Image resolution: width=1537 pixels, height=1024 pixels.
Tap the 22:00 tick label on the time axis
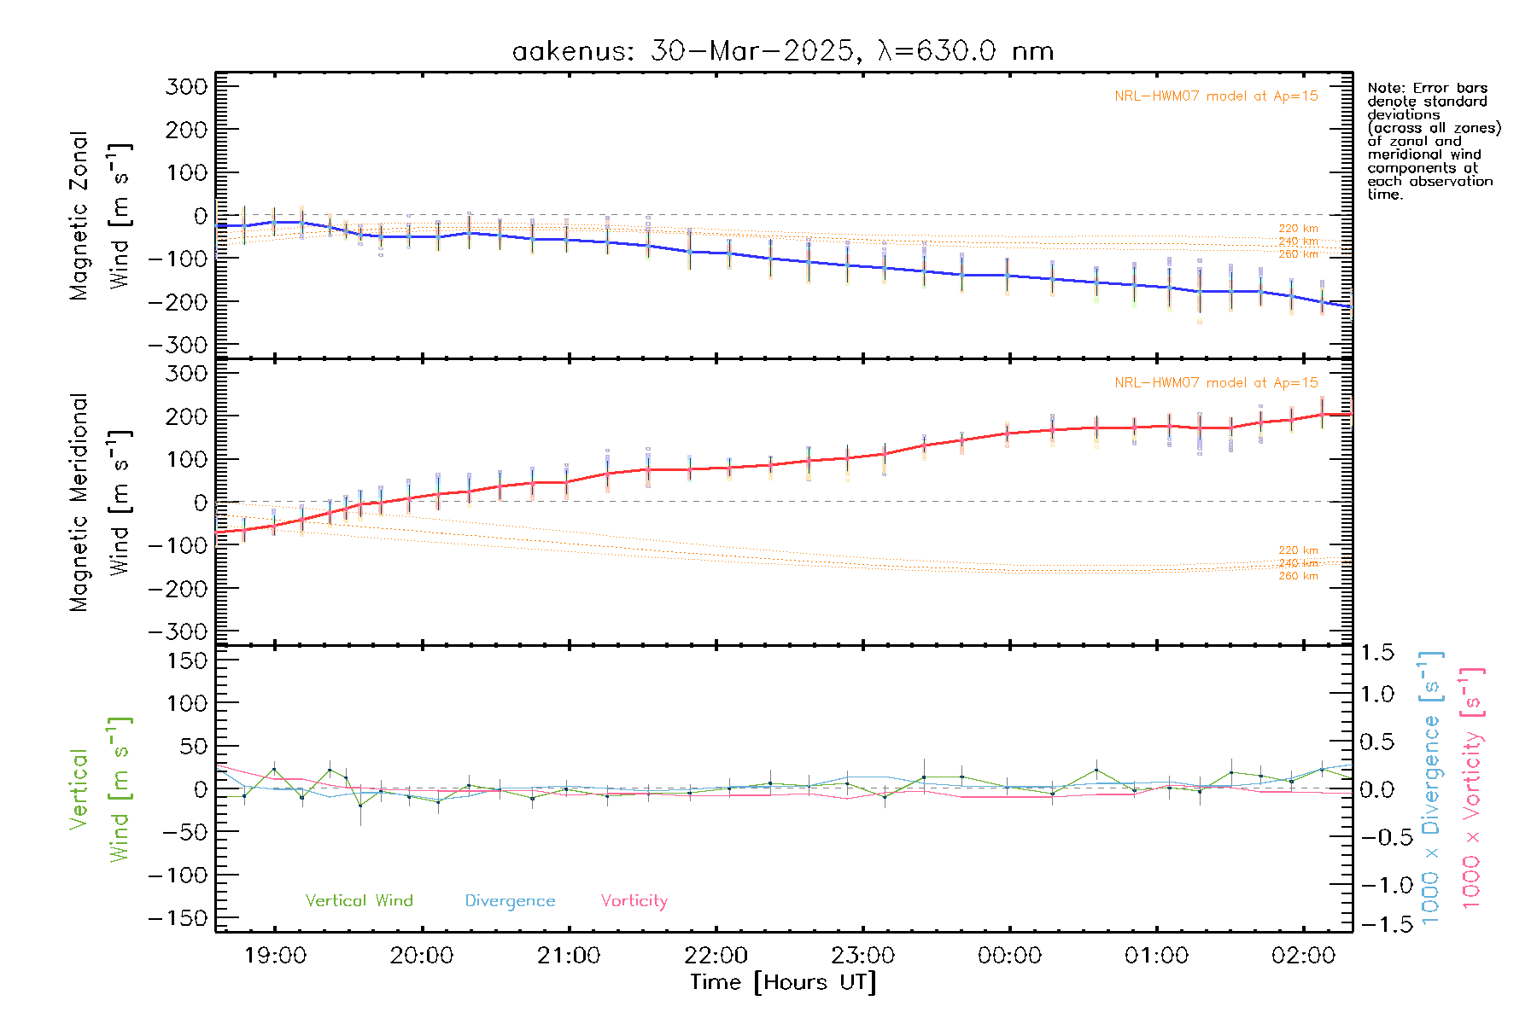click(716, 955)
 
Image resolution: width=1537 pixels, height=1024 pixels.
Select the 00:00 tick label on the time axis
click(1009, 955)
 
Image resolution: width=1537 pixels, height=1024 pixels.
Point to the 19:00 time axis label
click(275, 955)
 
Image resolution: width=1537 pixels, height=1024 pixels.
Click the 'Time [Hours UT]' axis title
click(783, 982)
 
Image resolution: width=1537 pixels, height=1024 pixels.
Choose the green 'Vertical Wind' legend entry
click(359, 900)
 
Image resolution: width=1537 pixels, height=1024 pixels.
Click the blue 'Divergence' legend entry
click(510, 900)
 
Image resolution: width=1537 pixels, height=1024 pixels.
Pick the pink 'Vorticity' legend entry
click(634, 900)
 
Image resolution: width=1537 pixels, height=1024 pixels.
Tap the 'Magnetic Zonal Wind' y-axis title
click(101, 216)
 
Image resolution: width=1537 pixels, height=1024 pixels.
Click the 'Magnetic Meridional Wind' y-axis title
click(101, 503)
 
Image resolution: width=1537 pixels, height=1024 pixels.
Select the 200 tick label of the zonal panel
click(186, 130)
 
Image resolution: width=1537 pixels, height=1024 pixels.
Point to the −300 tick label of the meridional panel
click(178, 631)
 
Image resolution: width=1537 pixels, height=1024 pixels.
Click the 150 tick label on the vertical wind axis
click(186, 660)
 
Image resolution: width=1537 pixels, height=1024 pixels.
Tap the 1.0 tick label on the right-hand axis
click(1377, 694)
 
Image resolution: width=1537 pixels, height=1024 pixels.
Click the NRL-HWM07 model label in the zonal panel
click(1216, 96)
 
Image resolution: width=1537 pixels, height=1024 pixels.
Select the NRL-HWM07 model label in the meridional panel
click(1216, 383)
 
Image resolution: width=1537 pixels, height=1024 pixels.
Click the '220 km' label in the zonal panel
click(1298, 229)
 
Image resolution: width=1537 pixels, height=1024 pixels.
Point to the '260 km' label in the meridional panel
click(1298, 576)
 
